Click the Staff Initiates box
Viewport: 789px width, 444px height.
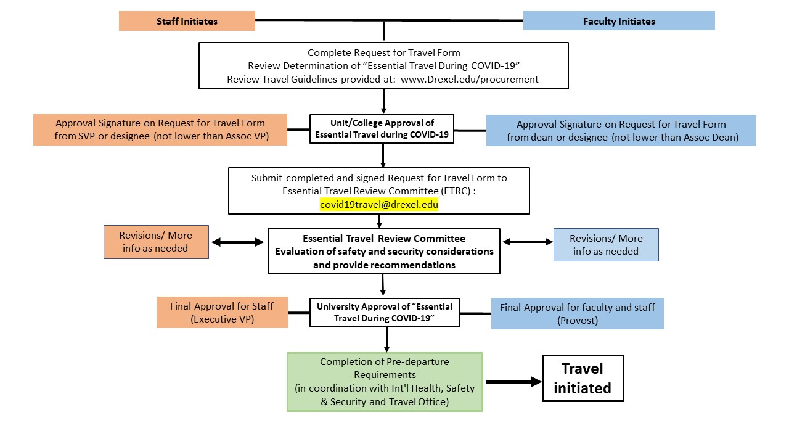pyautogui.click(x=187, y=21)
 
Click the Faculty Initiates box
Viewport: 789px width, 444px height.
pyautogui.click(x=618, y=21)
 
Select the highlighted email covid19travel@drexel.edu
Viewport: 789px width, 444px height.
pyautogui.click(x=378, y=204)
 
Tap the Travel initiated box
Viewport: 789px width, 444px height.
pyautogui.click(x=583, y=379)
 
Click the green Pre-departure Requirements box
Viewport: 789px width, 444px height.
pyautogui.click(x=385, y=382)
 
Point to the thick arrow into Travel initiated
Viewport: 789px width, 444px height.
pyautogui.click(x=513, y=382)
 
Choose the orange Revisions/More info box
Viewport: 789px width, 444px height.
pyautogui.click(x=156, y=242)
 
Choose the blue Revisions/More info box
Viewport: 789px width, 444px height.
pyautogui.click(x=606, y=244)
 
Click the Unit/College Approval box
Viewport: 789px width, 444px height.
pyautogui.click(x=382, y=129)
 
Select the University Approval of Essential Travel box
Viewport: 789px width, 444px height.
pyautogui.click(x=385, y=313)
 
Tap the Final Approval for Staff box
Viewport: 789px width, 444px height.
pyautogui.click(x=222, y=313)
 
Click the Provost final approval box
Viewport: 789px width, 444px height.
pyautogui.click(x=578, y=314)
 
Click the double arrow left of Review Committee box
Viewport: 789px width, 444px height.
pyautogui.click(x=237, y=242)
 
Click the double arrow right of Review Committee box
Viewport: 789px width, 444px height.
pyautogui.click(x=528, y=242)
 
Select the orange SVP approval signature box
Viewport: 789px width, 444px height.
pyautogui.click(x=160, y=130)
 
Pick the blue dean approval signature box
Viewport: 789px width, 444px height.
pyautogui.click(x=621, y=131)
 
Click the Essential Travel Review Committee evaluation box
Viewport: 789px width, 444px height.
pyautogui.click(x=383, y=252)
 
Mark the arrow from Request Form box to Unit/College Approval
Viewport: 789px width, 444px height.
pyautogui.click(x=383, y=101)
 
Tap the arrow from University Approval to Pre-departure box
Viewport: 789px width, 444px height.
pyautogui.click(x=386, y=339)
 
